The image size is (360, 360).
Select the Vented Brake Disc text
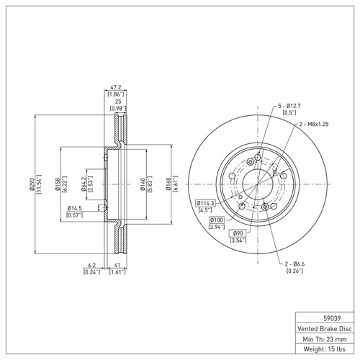pyautogui.click(x=326, y=328)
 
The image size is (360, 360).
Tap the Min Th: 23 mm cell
pyautogui.click(x=326, y=339)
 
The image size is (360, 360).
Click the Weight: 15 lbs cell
pyautogui.click(x=326, y=351)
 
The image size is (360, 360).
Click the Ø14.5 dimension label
pyautogui.click(x=73, y=209)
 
